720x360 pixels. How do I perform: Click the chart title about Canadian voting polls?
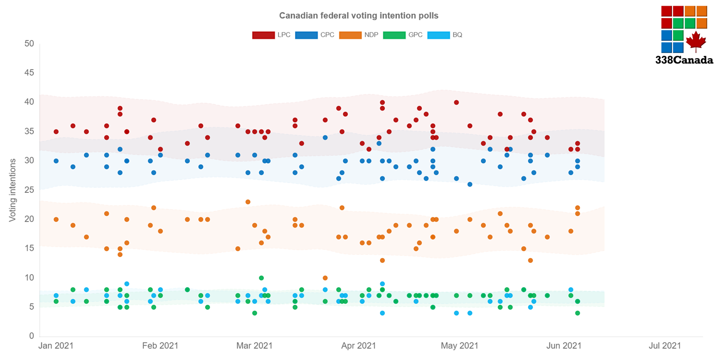click(x=359, y=16)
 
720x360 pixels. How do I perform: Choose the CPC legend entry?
click(x=315, y=35)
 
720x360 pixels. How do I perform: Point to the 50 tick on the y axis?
click(x=29, y=43)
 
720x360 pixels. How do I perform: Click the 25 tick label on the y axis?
click(x=29, y=190)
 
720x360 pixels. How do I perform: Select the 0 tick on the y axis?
click(x=32, y=336)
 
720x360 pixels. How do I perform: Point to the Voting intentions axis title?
click(x=13, y=190)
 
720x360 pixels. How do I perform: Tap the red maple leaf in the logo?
click(x=696, y=41)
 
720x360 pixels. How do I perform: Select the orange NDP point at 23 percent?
click(x=248, y=202)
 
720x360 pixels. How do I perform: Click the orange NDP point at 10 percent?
click(x=325, y=278)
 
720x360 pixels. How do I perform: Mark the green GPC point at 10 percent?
click(x=261, y=278)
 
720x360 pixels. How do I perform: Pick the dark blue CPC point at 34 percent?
click(x=325, y=138)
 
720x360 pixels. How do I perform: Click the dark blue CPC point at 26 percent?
click(x=470, y=184)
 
